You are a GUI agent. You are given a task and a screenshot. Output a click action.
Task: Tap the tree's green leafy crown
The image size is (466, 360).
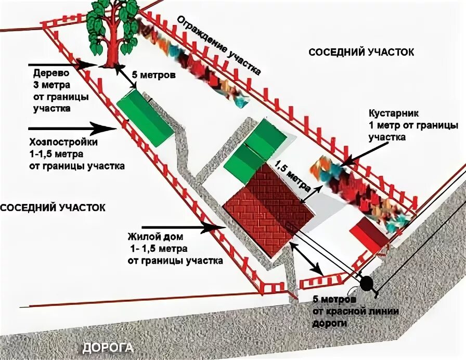point(112,23)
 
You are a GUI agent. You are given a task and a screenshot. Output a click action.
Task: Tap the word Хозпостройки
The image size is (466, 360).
point(63,143)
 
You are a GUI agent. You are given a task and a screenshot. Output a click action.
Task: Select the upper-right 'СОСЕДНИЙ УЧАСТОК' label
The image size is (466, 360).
point(361,53)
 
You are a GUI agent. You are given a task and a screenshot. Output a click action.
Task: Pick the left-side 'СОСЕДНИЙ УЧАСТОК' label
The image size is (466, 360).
point(53,207)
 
